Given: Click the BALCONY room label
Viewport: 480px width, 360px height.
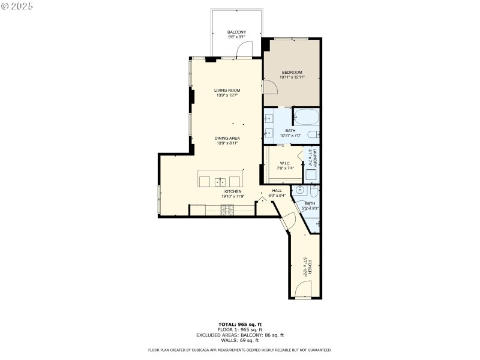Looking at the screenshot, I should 236,32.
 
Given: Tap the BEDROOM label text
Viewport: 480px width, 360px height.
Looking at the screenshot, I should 292,73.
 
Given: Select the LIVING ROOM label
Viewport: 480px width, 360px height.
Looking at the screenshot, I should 227,91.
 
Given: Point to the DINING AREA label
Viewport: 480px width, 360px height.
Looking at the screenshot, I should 227,139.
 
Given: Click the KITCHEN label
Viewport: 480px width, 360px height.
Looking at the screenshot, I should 233,191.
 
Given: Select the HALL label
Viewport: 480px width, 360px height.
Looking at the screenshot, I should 277,191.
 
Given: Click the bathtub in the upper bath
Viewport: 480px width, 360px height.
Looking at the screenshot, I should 307,117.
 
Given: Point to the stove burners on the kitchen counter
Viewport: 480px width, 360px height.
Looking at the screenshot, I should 228,209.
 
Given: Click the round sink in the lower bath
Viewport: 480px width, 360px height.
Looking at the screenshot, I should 301,191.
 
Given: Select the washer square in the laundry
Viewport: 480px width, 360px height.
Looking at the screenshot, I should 311,175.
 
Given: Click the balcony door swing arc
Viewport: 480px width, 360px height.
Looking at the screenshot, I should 245,49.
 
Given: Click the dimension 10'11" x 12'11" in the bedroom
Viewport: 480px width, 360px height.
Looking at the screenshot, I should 292,77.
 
